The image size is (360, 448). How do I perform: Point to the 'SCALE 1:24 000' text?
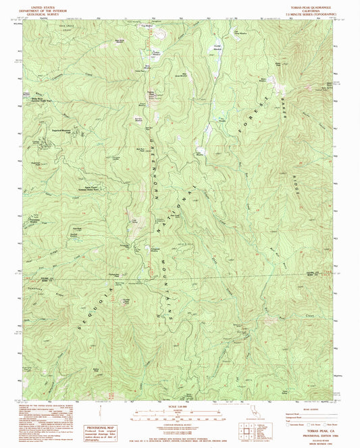179,405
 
